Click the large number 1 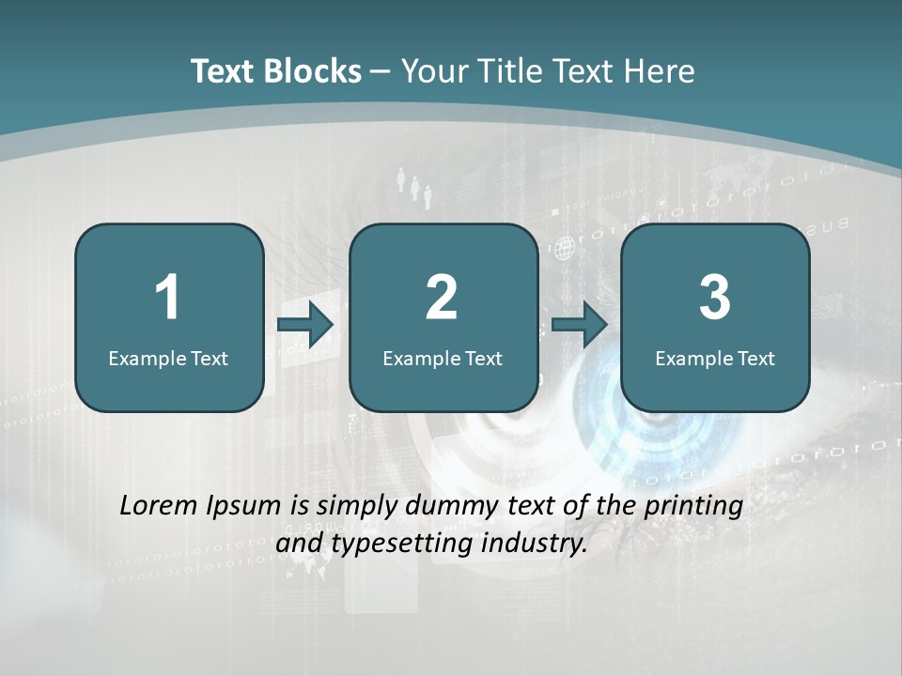[167, 298]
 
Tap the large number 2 [442, 298]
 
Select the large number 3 [715, 298]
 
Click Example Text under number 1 [168, 358]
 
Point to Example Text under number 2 [443, 358]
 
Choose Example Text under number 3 [715, 358]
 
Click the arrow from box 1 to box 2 [306, 325]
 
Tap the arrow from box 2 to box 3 [580, 325]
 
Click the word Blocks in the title [313, 71]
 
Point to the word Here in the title [659, 71]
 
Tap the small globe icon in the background [565, 249]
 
